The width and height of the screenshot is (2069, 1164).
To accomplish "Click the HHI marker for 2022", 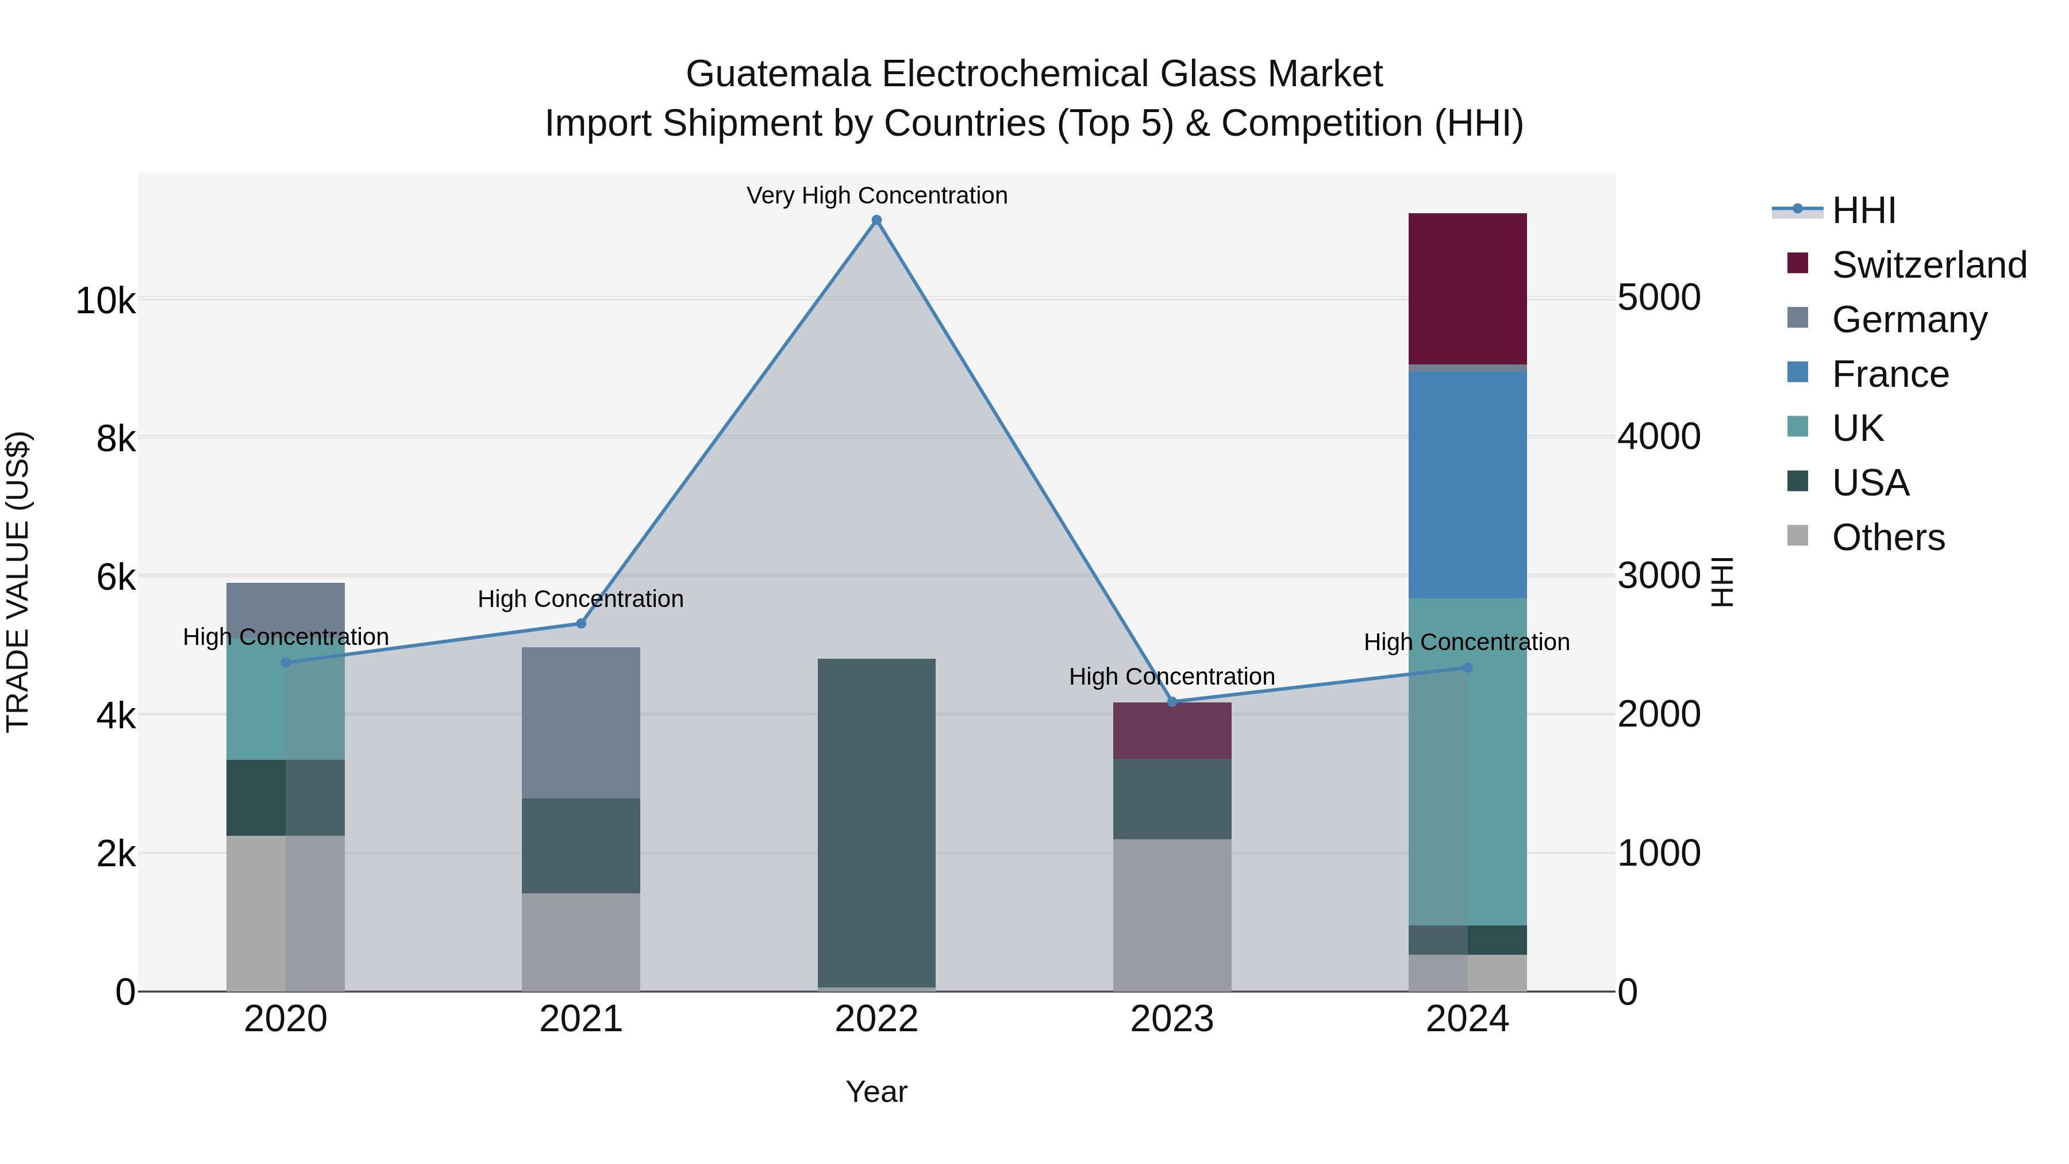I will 876,220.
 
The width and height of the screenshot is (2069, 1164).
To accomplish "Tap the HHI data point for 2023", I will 1172,701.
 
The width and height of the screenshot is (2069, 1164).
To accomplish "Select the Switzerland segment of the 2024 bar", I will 1467,289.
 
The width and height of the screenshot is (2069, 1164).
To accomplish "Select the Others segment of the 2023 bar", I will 1172,915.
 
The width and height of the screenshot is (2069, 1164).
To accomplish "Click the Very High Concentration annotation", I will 876,195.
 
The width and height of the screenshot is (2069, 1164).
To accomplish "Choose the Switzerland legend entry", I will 1928,265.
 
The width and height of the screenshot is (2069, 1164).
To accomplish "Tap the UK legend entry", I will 1857,428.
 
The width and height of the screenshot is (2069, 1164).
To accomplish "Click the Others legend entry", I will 1887,537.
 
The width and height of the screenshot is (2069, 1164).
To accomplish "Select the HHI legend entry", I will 1863,210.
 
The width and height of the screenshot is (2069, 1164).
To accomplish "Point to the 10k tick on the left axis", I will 105,301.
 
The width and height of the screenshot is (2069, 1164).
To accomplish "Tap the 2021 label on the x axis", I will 580,1019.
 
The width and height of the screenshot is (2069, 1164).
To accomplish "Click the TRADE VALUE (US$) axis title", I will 18,582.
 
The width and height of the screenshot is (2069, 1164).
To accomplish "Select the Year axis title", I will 876,1092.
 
